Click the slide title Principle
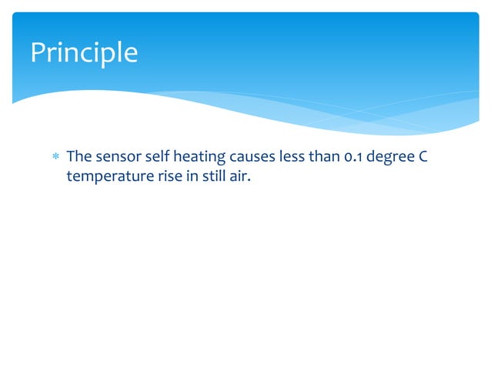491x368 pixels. click(84, 52)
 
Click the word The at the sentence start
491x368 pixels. click(78, 158)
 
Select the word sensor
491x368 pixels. click(118, 158)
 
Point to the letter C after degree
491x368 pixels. click(423, 158)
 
